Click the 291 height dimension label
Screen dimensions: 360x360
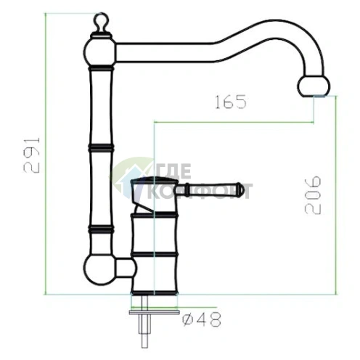click(x=32, y=155)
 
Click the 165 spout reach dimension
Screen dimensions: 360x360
click(x=231, y=102)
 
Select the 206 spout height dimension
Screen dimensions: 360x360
click(x=313, y=195)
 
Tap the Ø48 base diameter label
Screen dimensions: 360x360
click(x=202, y=319)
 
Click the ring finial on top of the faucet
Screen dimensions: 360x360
click(x=101, y=21)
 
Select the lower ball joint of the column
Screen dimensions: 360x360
click(x=100, y=270)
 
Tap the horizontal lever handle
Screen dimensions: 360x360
click(x=210, y=189)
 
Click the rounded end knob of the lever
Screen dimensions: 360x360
click(x=239, y=189)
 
